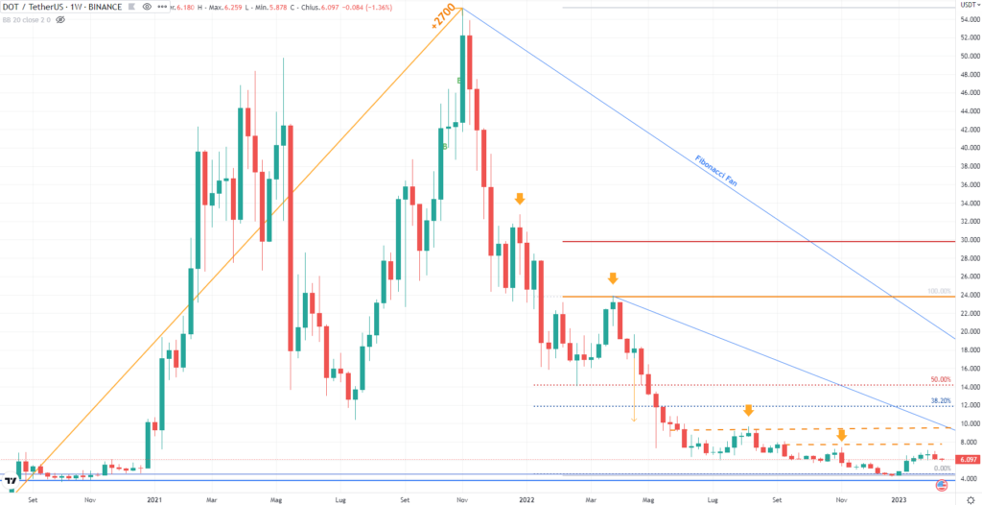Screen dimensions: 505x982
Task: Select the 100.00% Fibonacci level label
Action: click(x=939, y=290)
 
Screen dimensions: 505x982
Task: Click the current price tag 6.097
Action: click(x=968, y=460)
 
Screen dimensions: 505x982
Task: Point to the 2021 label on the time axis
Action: click(x=154, y=499)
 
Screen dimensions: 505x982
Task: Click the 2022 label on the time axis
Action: click(x=526, y=499)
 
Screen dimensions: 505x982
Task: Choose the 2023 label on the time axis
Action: click(x=899, y=499)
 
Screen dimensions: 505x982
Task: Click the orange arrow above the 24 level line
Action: click(x=612, y=278)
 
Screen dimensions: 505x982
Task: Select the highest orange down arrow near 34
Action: click(x=520, y=199)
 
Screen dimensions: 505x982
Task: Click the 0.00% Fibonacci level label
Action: click(x=942, y=469)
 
